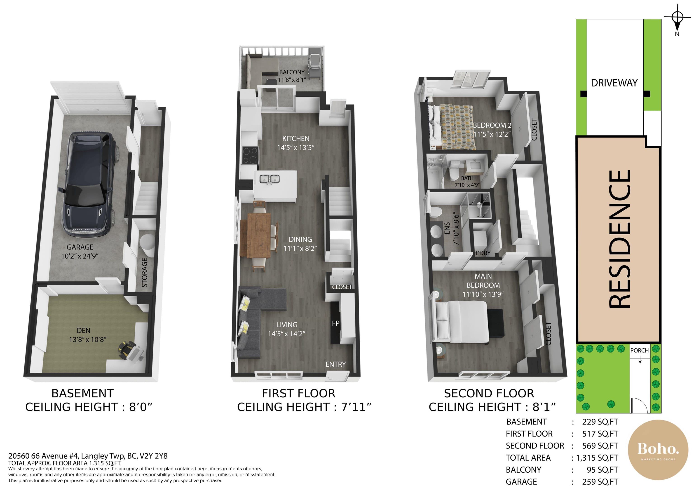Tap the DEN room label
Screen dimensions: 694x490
tap(83, 331)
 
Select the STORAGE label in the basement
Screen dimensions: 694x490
tap(145, 273)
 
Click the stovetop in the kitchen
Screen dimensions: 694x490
tap(250, 155)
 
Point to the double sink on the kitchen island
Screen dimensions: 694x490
tap(269, 179)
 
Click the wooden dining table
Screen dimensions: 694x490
tap(256, 235)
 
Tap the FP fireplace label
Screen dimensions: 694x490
tap(335, 323)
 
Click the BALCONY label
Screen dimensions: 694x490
tap(292, 72)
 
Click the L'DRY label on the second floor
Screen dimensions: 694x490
tap(483, 253)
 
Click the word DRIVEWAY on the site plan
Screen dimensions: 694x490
tap(614, 83)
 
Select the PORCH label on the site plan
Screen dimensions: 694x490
tap(640, 350)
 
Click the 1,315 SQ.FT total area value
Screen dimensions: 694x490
tap(597, 458)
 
